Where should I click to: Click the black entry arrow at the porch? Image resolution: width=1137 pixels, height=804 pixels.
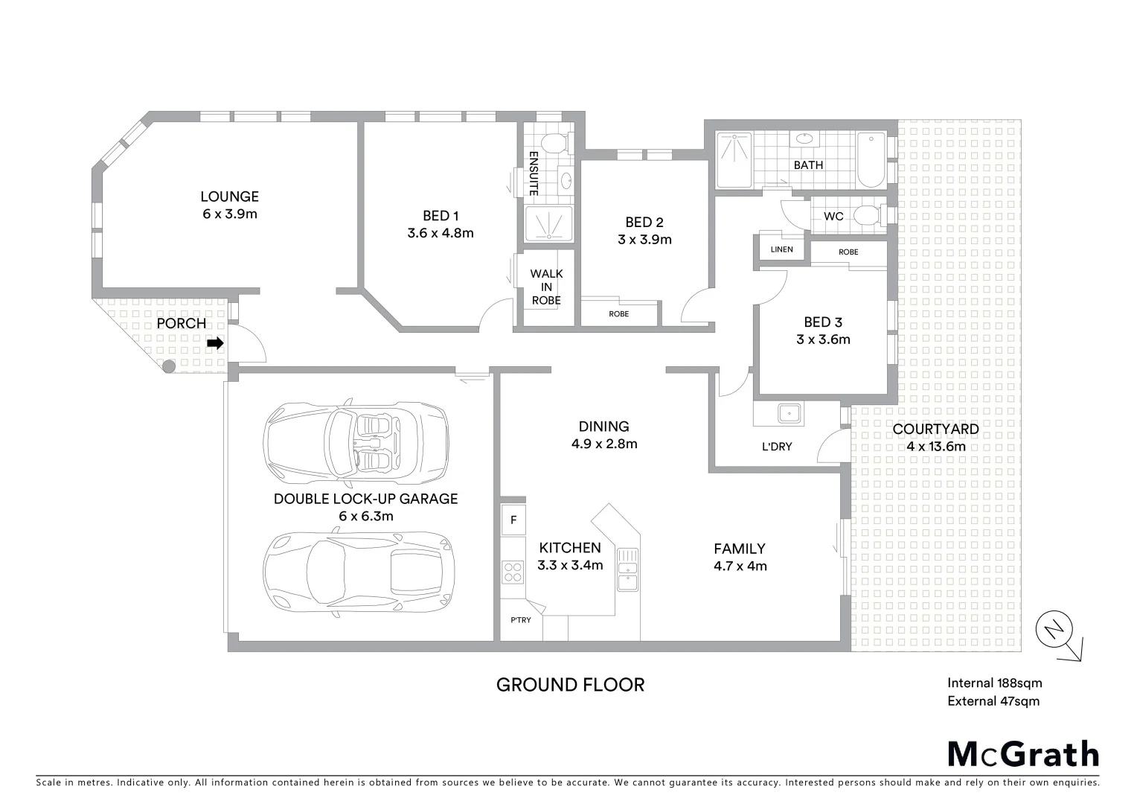[x=215, y=343]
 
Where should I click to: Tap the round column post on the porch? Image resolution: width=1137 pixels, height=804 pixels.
[x=169, y=366]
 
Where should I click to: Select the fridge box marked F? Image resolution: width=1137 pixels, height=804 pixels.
[x=513, y=520]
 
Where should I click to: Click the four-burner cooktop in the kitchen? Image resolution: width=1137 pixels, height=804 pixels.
[x=513, y=572]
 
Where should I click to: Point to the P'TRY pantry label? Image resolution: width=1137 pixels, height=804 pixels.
[x=520, y=619]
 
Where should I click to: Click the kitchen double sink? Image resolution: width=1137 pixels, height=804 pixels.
[x=627, y=569]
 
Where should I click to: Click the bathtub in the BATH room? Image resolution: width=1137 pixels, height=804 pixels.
[x=871, y=161]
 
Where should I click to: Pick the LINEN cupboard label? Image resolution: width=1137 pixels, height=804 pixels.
[x=781, y=249]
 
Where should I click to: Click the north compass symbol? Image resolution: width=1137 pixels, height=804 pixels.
[x=1054, y=631]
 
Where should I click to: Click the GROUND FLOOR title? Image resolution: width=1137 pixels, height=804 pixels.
[x=570, y=684]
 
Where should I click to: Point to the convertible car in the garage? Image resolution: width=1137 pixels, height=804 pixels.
[x=356, y=442]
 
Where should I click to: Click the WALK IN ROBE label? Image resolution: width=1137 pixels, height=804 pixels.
[x=546, y=287]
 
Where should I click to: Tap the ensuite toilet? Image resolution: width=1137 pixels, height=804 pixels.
[x=553, y=142]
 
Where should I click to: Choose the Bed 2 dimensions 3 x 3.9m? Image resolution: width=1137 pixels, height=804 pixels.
[x=644, y=240]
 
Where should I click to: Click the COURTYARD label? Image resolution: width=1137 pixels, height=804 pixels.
[x=935, y=429]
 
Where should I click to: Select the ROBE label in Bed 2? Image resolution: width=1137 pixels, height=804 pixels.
[x=618, y=313]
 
